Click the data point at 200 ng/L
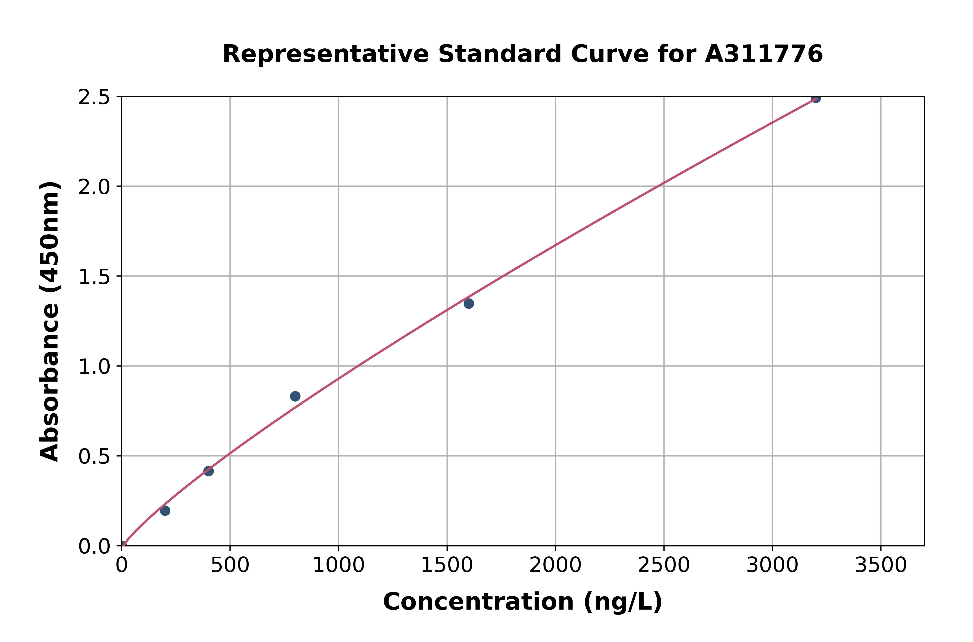(165, 511)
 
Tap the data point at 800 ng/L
(295, 396)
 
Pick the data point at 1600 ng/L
(469, 303)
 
